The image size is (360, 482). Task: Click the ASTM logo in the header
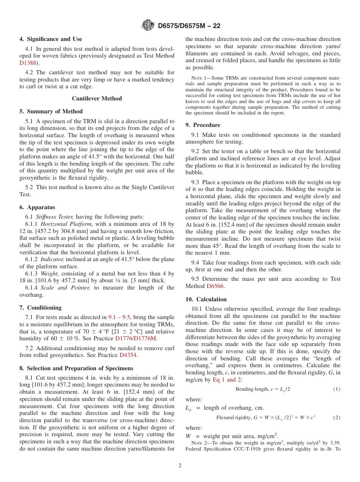click(x=148, y=25)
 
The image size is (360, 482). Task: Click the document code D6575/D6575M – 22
click(x=189, y=26)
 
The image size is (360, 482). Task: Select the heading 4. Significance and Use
click(x=51, y=39)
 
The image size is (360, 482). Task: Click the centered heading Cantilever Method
click(x=97, y=99)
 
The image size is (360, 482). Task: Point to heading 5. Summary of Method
click(x=51, y=111)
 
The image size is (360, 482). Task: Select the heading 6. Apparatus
click(x=37, y=207)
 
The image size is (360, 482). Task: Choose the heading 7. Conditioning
click(x=41, y=308)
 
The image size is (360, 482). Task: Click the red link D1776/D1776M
click(x=136, y=338)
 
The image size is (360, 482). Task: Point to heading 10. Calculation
click(x=206, y=299)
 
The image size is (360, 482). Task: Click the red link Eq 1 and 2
click(x=227, y=380)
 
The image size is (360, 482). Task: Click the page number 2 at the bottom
click(x=180, y=466)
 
